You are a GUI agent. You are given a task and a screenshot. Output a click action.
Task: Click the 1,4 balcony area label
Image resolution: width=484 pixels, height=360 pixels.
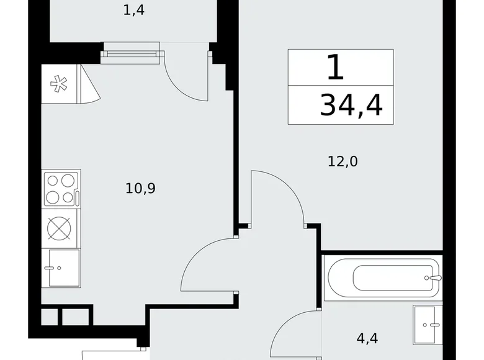134,11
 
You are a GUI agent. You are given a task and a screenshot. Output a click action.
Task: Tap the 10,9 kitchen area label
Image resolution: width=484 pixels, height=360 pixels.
140,188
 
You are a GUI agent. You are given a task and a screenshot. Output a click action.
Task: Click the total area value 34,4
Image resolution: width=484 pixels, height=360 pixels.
351,106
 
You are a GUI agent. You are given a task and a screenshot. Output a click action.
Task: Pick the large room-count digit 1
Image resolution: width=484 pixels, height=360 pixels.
335,68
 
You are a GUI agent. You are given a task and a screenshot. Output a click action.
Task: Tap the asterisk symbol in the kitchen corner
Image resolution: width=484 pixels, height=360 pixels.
59,84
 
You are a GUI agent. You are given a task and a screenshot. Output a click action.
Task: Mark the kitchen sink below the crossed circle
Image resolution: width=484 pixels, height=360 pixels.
64,268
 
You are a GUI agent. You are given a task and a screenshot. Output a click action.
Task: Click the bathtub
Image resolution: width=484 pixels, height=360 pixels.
382,277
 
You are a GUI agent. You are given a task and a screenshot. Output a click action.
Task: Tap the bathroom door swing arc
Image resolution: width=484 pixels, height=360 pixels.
297,334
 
